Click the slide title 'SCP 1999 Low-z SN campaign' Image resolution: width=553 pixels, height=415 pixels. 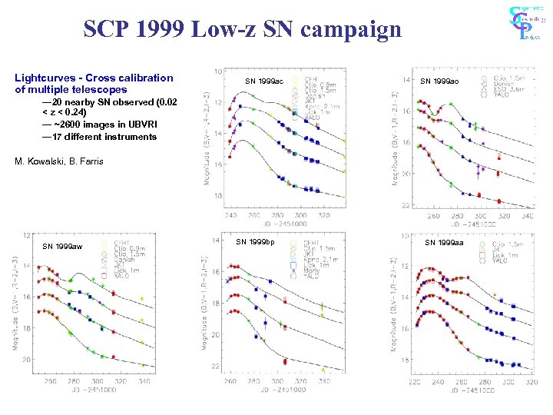tap(242, 29)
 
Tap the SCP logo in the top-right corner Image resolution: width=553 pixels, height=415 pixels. tap(526, 23)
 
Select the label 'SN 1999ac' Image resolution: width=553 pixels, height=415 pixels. tap(263, 81)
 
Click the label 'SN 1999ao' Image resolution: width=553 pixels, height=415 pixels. tap(439, 81)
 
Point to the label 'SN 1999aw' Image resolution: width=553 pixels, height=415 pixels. tap(62, 246)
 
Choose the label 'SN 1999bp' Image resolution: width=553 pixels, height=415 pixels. tap(255, 242)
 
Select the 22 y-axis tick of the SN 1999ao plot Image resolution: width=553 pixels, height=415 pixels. tap(406, 205)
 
